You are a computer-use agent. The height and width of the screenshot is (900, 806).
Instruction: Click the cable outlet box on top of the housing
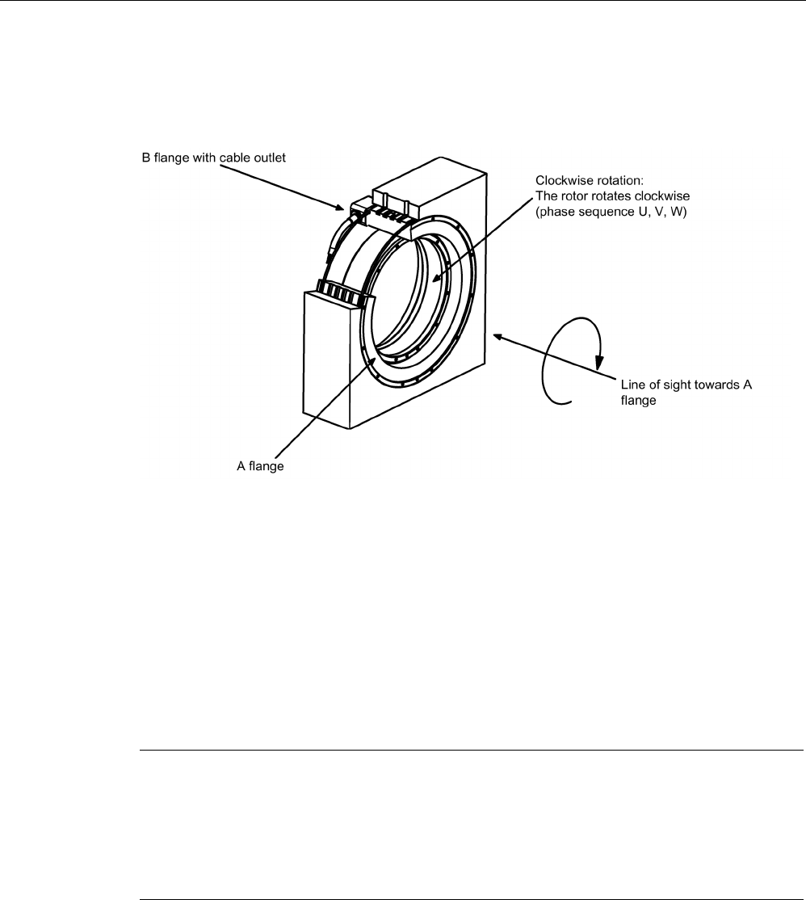(x=393, y=200)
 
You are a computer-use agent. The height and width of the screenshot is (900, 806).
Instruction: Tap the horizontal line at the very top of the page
(x=403, y=2)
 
